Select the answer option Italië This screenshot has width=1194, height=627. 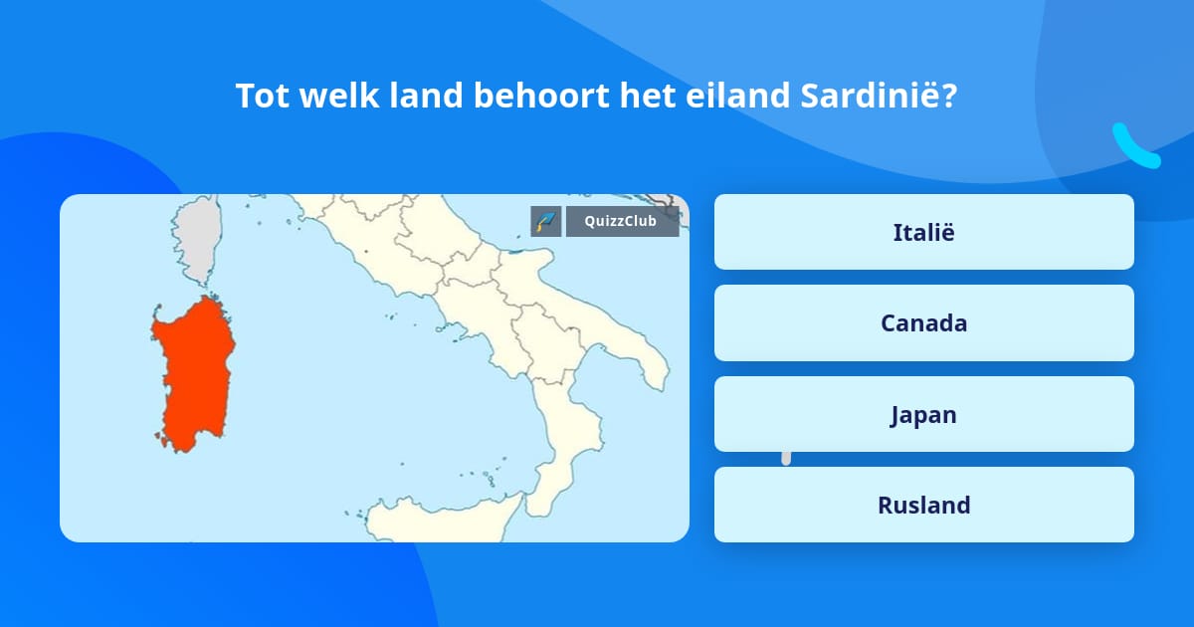click(x=923, y=232)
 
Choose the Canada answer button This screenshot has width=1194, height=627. click(x=923, y=323)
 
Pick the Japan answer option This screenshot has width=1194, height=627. click(x=923, y=414)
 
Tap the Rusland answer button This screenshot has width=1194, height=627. click(x=923, y=505)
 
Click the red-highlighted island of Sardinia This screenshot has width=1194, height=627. click(x=194, y=373)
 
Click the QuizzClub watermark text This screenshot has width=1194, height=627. click(x=622, y=221)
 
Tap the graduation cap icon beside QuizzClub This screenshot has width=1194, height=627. click(x=545, y=221)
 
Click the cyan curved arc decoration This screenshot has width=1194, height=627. click(x=1134, y=147)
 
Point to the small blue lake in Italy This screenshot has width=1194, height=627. click(x=517, y=251)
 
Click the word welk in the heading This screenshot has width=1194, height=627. click(x=330, y=96)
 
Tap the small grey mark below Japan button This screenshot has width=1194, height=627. click(x=786, y=457)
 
